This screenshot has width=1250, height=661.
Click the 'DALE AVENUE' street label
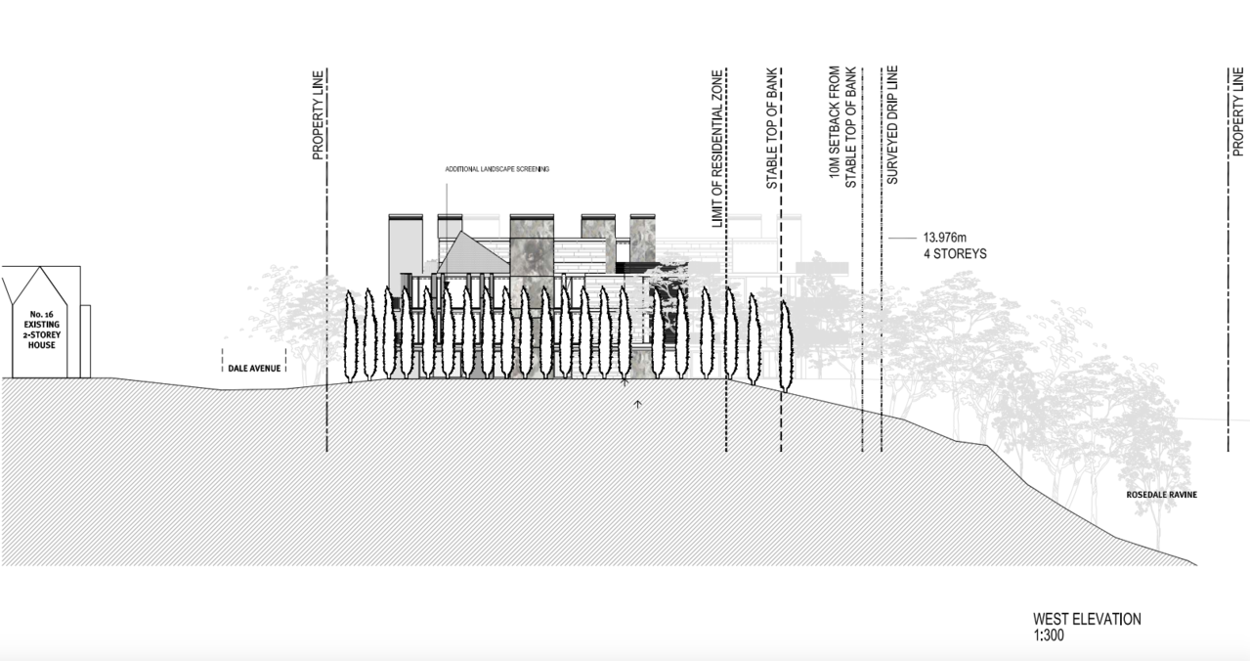[x=254, y=369]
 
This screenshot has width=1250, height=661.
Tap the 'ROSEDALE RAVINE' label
[x=1162, y=495]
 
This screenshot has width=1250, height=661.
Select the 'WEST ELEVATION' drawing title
[x=1087, y=619]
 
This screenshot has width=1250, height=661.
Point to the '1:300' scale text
[x=1049, y=636]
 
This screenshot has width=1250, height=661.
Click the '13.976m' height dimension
[x=945, y=238]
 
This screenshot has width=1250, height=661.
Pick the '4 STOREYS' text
[x=955, y=254]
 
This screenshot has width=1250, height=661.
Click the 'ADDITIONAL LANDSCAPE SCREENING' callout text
[x=497, y=169]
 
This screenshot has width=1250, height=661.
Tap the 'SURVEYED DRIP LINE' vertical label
[x=892, y=125]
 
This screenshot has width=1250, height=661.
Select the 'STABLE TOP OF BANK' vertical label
[x=771, y=128]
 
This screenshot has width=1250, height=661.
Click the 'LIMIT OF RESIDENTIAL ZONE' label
[x=717, y=149]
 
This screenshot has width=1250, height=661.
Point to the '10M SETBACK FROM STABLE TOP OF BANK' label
[x=842, y=127]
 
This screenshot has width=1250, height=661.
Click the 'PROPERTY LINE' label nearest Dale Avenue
[x=318, y=115]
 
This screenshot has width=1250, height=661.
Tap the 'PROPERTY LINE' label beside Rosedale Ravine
[x=1237, y=111]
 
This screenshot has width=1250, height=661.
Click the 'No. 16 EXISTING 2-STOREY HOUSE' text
[x=42, y=330]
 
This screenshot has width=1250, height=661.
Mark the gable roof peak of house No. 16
[x=40, y=267]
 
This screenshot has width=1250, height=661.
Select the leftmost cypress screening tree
[x=350, y=336]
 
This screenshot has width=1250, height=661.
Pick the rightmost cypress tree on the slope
[x=786, y=346]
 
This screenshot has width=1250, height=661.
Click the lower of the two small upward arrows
[x=638, y=404]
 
